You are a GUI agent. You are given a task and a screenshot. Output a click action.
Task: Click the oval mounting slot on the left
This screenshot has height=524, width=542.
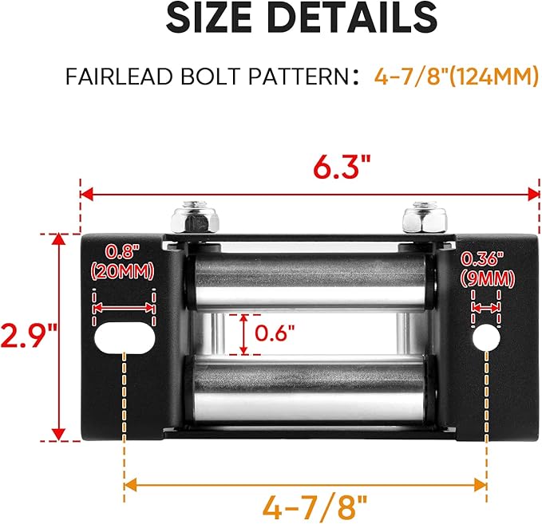point(124,337)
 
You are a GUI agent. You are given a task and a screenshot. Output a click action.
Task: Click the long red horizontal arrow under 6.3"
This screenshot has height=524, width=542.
point(311,193)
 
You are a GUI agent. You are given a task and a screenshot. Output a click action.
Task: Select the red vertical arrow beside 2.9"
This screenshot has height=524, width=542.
point(58,337)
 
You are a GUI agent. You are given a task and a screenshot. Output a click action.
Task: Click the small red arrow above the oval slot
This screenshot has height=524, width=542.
point(124,307)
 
